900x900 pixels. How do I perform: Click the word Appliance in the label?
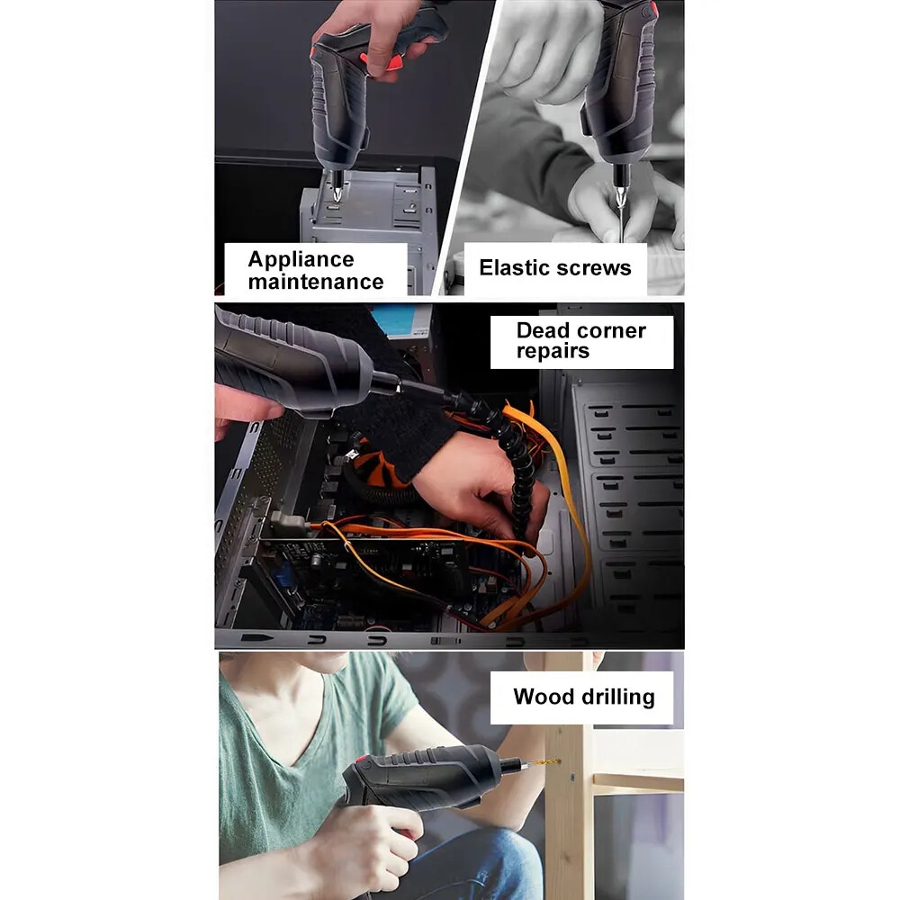[301, 260]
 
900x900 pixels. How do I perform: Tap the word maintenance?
[316, 282]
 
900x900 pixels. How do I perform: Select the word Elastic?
[514, 267]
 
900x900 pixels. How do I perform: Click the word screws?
[593, 268]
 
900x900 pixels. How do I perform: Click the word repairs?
[553, 351]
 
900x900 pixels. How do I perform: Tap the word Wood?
[544, 697]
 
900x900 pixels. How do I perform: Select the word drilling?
[617, 697]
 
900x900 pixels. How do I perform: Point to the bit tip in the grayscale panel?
[620, 198]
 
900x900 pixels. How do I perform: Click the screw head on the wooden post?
[571, 778]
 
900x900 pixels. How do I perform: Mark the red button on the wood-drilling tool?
[362, 760]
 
